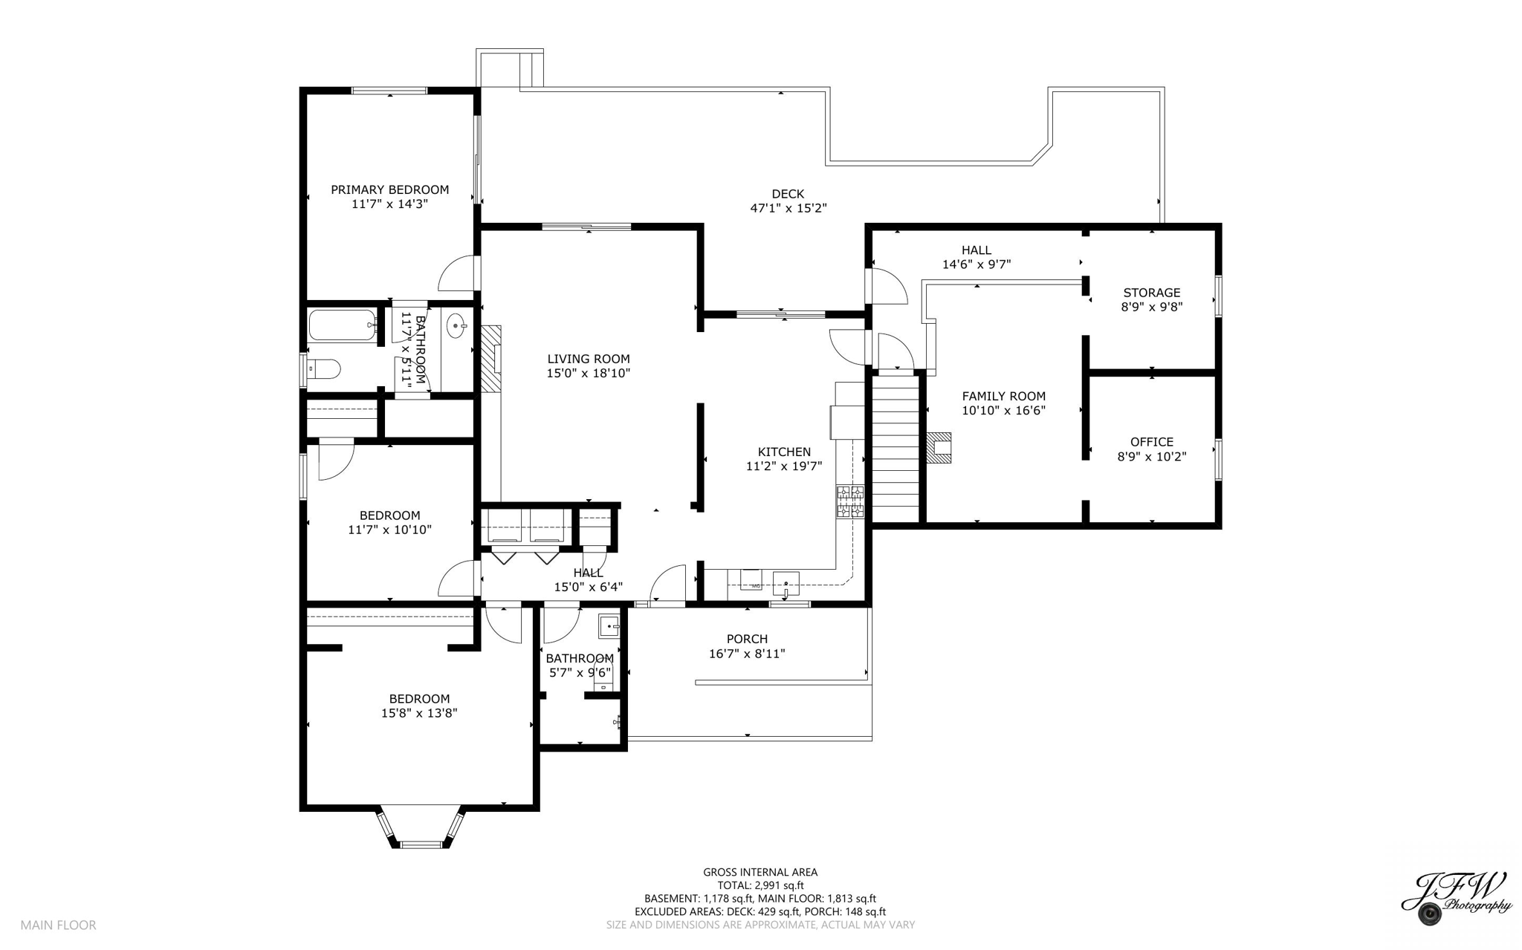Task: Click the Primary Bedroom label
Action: tap(389, 189)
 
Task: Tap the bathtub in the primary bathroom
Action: tap(342, 325)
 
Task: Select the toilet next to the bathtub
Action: tap(325, 368)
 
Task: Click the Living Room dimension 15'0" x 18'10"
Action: tap(588, 373)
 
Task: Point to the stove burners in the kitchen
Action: tap(850, 501)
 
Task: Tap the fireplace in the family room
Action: tap(939, 448)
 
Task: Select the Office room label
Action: tap(1151, 442)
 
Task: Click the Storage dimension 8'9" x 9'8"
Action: tap(1151, 306)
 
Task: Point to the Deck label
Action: tap(788, 194)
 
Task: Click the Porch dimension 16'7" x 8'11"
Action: tap(747, 654)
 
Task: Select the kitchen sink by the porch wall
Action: tap(786, 582)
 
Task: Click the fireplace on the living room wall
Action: tap(490, 358)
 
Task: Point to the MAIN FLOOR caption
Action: tap(58, 925)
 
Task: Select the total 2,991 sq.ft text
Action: tap(760, 885)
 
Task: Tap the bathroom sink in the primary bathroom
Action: tap(456, 325)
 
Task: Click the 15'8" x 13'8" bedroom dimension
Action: tap(419, 713)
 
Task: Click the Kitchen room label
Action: tap(784, 452)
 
